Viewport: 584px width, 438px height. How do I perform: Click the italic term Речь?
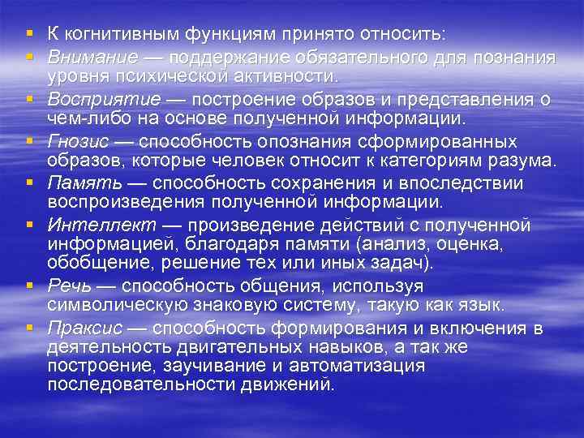pos(67,286)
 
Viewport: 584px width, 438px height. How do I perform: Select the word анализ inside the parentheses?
pos(384,243)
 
